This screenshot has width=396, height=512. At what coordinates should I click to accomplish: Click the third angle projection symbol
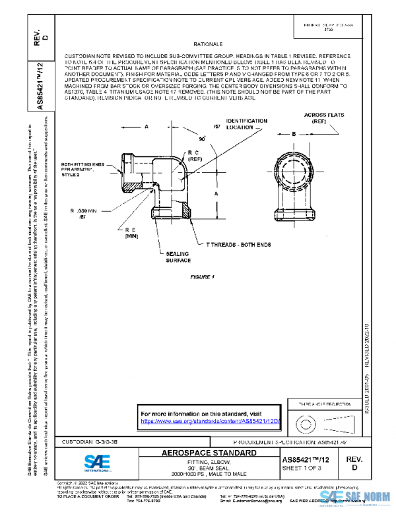[x=315, y=420]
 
